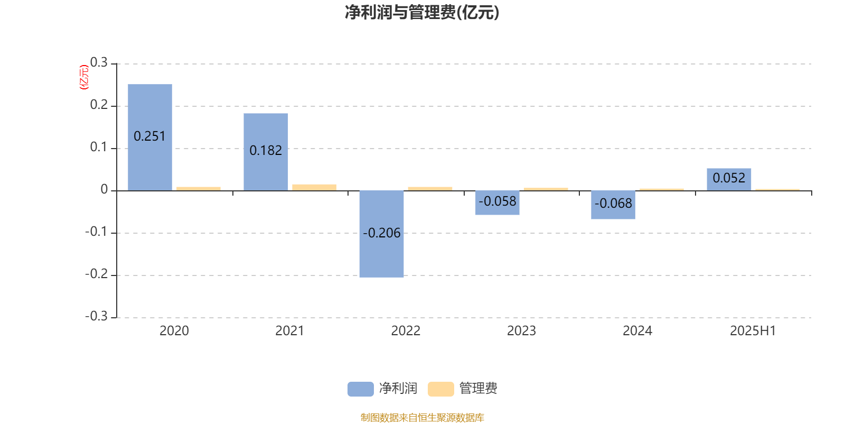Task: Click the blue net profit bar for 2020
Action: pyautogui.click(x=150, y=137)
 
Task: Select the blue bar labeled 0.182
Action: pyautogui.click(x=266, y=152)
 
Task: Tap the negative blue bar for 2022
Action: pyautogui.click(x=381, y=234)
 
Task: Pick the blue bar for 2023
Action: pyautogui.click(x=497, y=203)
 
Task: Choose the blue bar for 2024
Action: pyautogui.click(x=613, y=205)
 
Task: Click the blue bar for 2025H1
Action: pyautogui.click(x=729, y=179)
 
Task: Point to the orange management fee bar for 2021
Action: pyautogui.click(x=314, y=188)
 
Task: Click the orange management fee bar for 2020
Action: pyautogui.click(x=199, y=189)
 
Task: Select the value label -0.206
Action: pyautogui.click(x=381, y=233)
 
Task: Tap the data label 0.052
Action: pyautogui.click(x=729, y=178)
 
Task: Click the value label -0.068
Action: pyautogui.click(x=613, y=204)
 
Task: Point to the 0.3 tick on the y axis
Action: pyautogui.click(x=99, y=62)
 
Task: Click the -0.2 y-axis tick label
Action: pyautogui.click(x=97, y=274)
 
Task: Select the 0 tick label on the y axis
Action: pyautogui.click(x=104, y=189)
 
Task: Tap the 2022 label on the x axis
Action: pyautogui.click(x=406, y=331)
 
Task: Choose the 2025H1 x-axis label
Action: pyautogui.click(x=753, y=331)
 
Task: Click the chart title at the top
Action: pyautogui.click(x=422, y=12)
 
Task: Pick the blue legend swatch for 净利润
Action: pyautogui.click(x=361, y=389)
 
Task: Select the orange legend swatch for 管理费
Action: pyautogui.click(x=440, y=389)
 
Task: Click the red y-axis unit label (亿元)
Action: pyautogui.click(x=84, y=77)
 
